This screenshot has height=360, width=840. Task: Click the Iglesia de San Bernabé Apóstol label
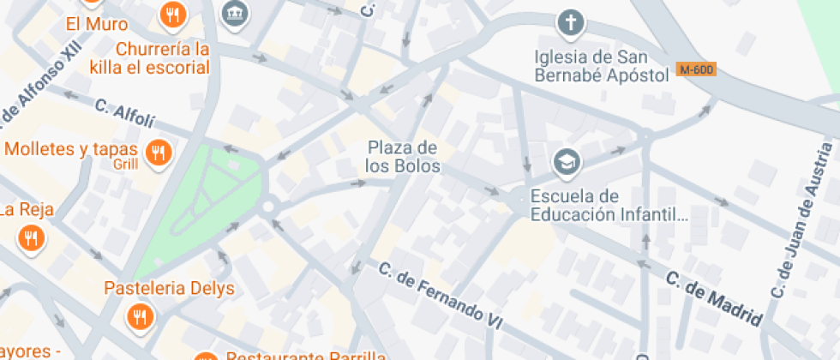[601, 66]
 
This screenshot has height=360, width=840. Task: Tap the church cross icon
[569, 22]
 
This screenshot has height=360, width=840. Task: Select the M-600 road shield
[695, 69]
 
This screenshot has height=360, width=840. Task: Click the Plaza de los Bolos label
[403, 157]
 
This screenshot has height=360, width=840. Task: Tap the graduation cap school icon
[566, 160]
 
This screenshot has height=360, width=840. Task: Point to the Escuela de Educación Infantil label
[609, 206]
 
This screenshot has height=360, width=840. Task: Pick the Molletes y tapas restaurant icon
[158, 153]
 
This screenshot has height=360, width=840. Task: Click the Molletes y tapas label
[71, 149]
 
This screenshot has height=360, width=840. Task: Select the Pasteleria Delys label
[169, 288]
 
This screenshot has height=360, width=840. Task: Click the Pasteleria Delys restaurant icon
[139, 319]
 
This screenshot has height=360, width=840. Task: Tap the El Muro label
[97, 24]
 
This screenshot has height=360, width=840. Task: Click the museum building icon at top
[232, 12]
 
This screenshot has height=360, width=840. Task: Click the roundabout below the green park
[268, 206]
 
